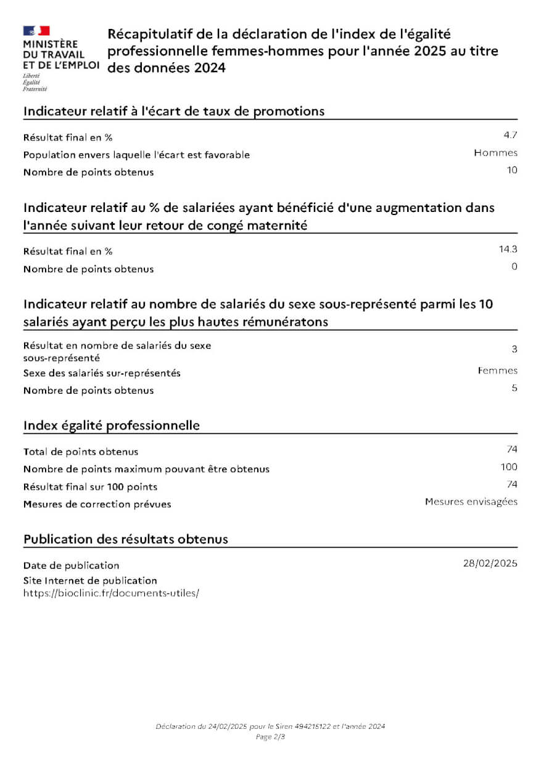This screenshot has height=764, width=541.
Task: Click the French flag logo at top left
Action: click(x=36, y=31)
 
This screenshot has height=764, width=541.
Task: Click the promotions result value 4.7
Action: click(x=510, y=135)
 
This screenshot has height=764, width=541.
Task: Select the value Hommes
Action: click(x=495, y=153)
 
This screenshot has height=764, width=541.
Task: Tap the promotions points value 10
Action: click(x=512, y=170)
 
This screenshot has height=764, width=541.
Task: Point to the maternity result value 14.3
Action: click(x=508, y=249)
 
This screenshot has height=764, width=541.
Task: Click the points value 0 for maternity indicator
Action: click(x=514, y=267)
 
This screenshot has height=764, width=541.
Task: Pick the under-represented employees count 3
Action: click(x=514, y=349)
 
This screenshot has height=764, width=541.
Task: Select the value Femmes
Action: click(x=497, y=370)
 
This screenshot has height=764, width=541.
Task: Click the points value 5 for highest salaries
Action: click(x=514, y=388)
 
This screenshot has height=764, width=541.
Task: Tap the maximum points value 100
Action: click(x=509, y=467)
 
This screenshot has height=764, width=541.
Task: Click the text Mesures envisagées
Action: click(x=471, y=502)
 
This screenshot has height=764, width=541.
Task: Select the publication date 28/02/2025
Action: click(x=490, y=563)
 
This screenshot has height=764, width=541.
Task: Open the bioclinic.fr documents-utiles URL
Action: click(x=111, y=593)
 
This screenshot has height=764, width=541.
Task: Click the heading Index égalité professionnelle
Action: click(x=112, y=425)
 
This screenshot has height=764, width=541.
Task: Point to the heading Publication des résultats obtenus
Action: click(x=126, y=539)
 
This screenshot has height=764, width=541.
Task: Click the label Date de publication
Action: click(x=72, y=565)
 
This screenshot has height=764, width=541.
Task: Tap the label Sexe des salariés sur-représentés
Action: click(x=102, y=373)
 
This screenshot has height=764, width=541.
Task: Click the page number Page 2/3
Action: click(x=270, y=736)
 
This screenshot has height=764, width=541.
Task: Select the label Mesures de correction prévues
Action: click(x=97, y=504)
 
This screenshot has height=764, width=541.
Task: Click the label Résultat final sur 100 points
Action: click(x=90, y=487)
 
